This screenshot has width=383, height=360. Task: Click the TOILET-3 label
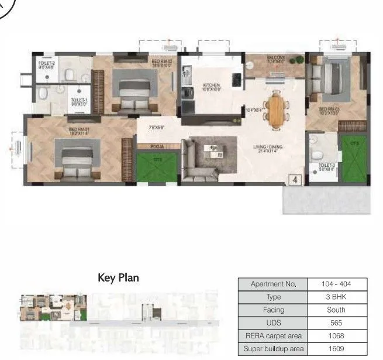(x=326, y=167)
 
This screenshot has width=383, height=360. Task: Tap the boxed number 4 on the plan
(x=295, y=180)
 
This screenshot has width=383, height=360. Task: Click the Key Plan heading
(x=118, y=277)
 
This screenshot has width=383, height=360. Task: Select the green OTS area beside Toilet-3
(x=354, y=157)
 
